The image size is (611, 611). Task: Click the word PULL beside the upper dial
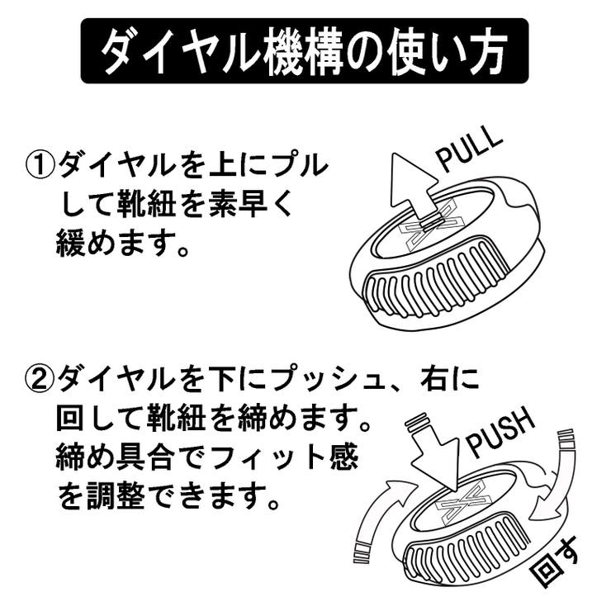[468, 149]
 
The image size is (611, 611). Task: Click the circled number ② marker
[40, 381]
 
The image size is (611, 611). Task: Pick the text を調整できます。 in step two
[166, 495]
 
